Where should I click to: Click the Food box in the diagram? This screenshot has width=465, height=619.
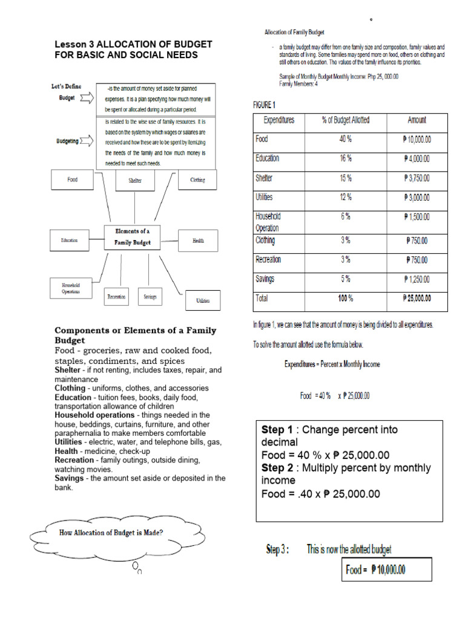tap(73, 180)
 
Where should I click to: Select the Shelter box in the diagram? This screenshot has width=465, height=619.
tap(134, 180)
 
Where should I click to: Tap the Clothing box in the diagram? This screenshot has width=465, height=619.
tap(197, 180)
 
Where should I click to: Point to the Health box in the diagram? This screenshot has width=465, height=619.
tap(198, 241)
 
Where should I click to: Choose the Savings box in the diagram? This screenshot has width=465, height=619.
tap(150, 297)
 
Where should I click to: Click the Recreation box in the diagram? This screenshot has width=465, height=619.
tap(116, 297)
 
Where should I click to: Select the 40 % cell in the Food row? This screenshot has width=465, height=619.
tap(345, 139)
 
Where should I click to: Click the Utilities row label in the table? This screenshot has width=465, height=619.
tap(265, 197)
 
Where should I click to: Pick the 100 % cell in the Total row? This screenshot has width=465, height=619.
tap(345, 299)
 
